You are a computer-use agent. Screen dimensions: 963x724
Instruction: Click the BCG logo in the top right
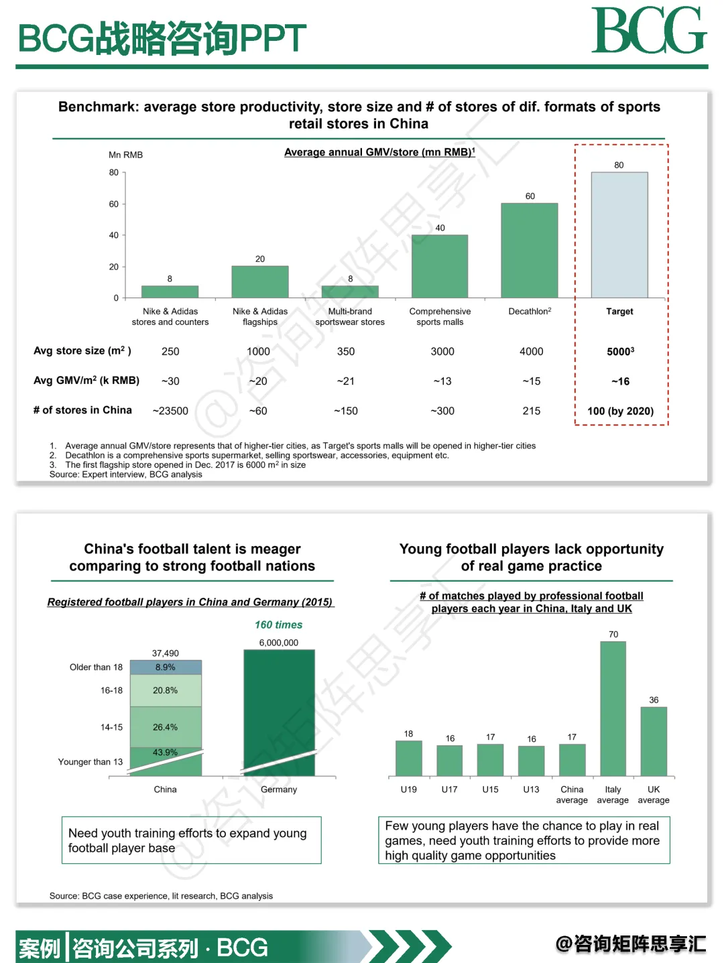(648, 31)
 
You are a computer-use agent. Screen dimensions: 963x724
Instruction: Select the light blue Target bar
(619, 235)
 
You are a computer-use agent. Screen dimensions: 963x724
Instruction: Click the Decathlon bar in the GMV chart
(529, 250)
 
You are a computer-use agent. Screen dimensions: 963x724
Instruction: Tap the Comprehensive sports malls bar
(440, 266)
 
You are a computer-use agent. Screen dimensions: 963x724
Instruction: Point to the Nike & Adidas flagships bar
(260, 281)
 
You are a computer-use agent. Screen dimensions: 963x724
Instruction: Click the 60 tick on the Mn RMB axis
(114, 204)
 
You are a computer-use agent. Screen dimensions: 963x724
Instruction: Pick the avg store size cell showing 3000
(442, 351)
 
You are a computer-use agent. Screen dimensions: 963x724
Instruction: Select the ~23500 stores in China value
(170, 411)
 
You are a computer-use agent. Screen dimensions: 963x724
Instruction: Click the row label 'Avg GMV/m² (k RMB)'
(86, 381)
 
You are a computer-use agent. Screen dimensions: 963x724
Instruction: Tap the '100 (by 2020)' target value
(620, 411)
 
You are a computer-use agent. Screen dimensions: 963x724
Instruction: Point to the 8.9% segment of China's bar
(166, 667)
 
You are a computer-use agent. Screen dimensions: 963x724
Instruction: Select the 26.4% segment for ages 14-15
(166, 727)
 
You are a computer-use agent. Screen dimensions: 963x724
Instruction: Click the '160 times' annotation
(278, 625)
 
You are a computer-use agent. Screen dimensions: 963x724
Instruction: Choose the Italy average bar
(613, 708)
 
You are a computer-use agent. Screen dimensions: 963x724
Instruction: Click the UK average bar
(654, 741)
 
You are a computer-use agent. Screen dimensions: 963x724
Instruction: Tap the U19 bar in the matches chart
(409, 758)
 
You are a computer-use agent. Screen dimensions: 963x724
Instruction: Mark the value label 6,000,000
(279, 643)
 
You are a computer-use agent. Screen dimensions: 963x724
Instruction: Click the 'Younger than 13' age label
(90, 762)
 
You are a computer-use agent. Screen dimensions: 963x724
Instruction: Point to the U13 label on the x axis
(531, 789)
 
